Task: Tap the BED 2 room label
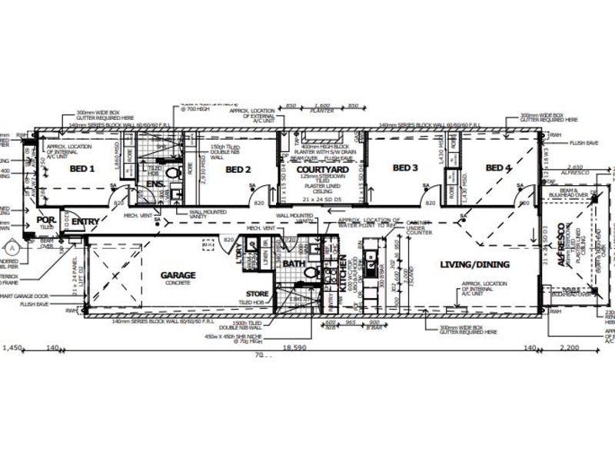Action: (238, 169)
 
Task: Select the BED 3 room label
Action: (405, 168)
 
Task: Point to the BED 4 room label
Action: (498, 168)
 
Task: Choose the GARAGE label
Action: (178, 274)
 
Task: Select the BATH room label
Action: (294, 264)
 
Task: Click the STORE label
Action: (257, 294)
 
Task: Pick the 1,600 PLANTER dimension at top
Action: (322, 104)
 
